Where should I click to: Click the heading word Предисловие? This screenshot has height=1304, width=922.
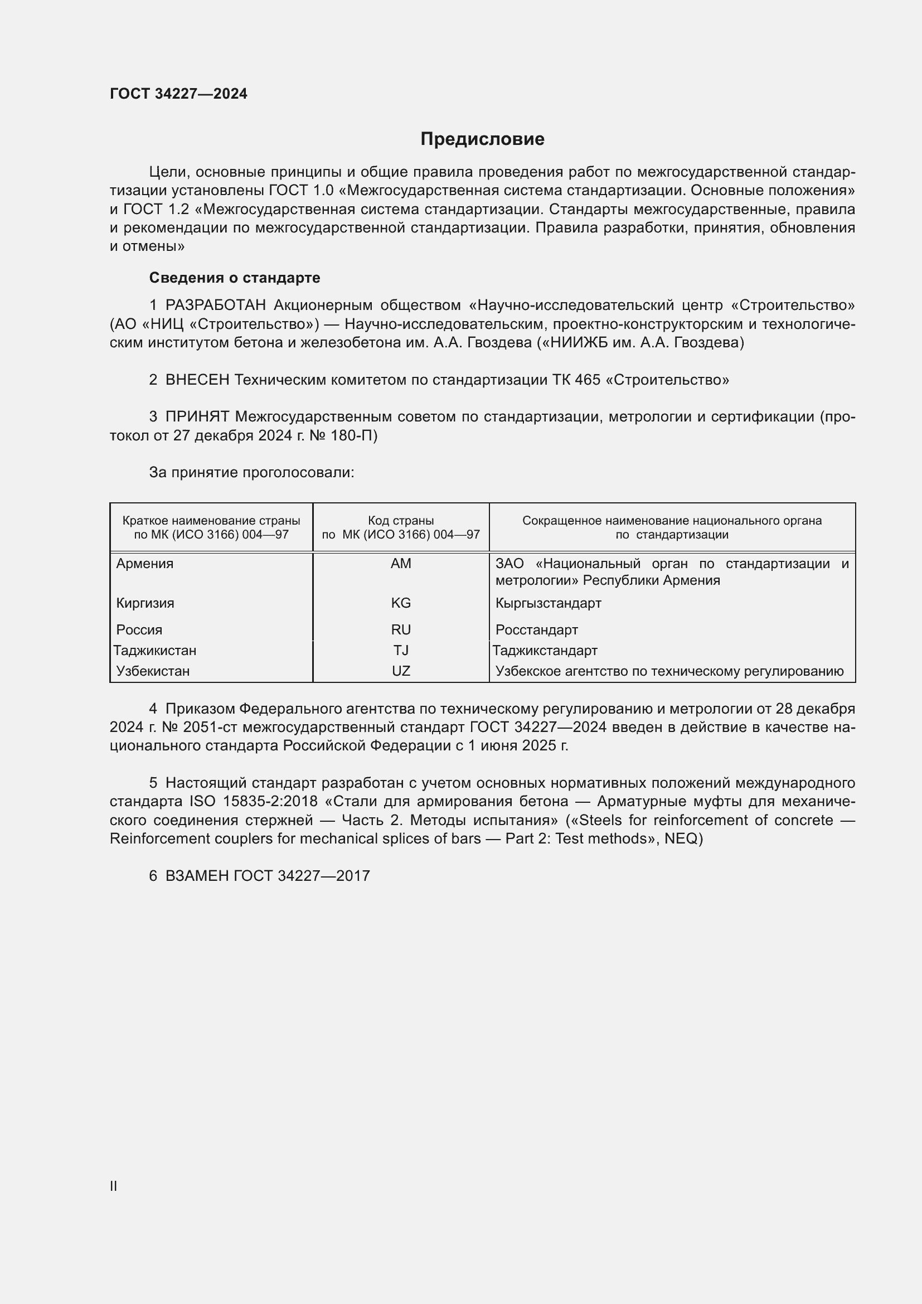482,139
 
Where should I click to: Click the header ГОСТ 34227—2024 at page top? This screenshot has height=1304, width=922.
178,94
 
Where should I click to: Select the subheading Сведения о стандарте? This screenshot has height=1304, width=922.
235,278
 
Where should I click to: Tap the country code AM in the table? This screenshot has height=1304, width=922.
401,564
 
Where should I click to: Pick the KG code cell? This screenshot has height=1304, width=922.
401,603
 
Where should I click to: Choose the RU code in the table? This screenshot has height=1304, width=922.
401,629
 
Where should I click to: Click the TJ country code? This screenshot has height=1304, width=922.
401,650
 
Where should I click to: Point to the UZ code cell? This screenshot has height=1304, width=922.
401,671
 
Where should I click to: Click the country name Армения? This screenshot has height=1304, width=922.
145,564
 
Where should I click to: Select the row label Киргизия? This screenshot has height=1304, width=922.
145,603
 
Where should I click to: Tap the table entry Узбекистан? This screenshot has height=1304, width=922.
153,671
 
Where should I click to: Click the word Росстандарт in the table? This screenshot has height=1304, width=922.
536,629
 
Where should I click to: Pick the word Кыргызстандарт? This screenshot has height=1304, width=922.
548,603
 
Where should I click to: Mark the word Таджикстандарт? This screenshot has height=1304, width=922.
545,650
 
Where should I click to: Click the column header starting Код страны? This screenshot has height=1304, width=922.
401,527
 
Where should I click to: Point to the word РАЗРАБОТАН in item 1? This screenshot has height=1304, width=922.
215,305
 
